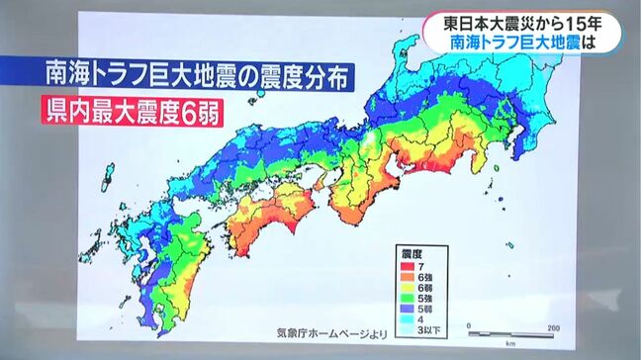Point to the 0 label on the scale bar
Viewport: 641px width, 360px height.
(470, 325)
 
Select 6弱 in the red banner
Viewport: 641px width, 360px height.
(188, 110)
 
